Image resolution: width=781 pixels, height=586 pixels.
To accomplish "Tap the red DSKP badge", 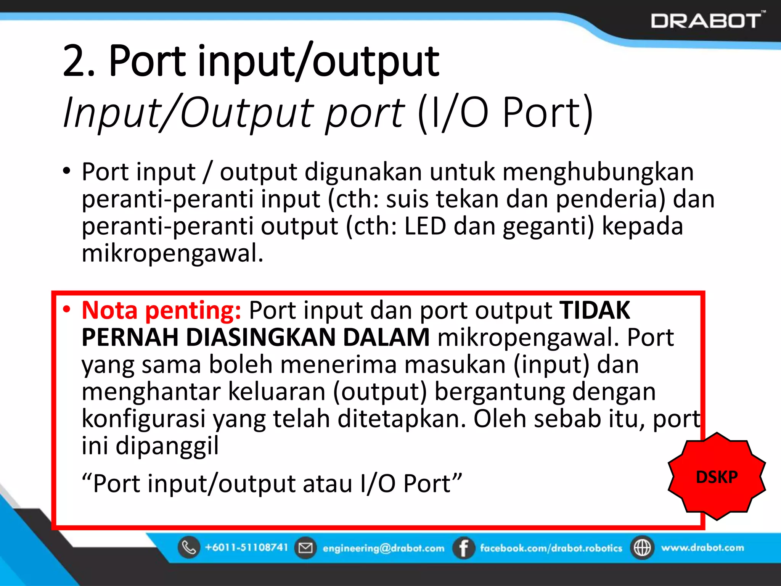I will tap(717, 477).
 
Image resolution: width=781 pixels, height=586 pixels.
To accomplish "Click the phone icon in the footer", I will tap(189, 547).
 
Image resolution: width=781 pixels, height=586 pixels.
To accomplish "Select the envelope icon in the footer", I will tap(305, 548).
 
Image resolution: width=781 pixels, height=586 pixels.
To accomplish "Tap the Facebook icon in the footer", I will tap(463, 548).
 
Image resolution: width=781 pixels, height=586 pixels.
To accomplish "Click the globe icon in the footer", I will tap(642, 548).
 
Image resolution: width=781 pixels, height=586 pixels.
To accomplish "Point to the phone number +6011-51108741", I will tap(246, 547).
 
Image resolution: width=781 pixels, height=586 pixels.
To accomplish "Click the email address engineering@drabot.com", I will tap(383, 548).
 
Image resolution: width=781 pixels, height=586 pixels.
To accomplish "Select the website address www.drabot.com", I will tap(702, 547).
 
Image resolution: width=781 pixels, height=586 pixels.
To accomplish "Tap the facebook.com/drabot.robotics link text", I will tap(551, 548).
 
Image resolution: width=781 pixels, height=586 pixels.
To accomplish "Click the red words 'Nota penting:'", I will tap(161, 310).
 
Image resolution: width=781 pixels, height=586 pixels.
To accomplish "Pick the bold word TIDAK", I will tap(595, 310).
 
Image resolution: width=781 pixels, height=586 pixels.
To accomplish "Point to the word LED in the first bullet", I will tap(425, 226).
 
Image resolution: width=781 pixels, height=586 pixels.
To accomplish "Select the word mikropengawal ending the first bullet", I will tap(170, 253).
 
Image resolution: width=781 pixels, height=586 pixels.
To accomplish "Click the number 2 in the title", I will tap(75, 61).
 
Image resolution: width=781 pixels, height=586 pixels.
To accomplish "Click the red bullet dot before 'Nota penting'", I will tap(67, 309).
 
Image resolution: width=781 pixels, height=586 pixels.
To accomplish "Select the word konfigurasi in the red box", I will tap(144, 419).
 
